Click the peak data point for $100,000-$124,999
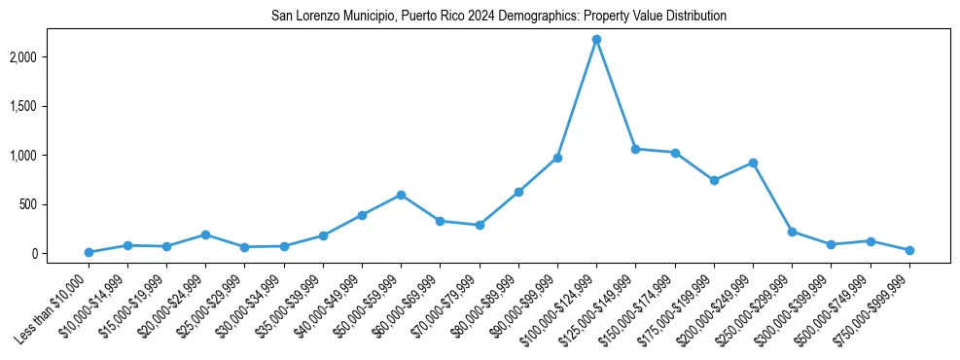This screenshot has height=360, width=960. click(x=596, y=40)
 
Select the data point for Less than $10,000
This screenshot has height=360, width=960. click(x=89, y=252)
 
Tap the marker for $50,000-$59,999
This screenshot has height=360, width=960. click(x=401, y=195)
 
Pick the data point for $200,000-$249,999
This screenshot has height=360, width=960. click(x=753, y=162)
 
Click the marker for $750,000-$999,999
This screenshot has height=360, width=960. click(x=909, y=250)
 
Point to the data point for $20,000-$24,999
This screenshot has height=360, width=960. click(x=205, y=234)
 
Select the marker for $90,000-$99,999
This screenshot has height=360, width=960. click(x=557, y=158)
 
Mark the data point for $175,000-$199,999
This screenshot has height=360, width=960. click(x=714, y=180)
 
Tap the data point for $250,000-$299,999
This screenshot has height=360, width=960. click(x=792, y=232)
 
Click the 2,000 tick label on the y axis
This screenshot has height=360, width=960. click(x=49, y=57)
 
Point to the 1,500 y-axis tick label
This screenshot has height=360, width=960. click(x=49, y=106)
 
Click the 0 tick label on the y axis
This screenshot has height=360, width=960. click(x=60, y=253)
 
